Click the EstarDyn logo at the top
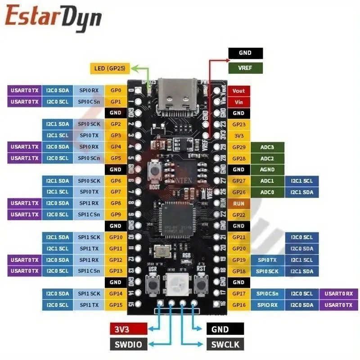(53, 17)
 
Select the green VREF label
(245, 68)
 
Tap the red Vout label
(238, 90)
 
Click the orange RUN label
(238, 203)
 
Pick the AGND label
(267, 170)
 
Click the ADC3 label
(267, 147)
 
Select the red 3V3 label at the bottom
(128, 329)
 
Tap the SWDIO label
(128, 345)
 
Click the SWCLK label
(225, 345)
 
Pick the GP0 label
(116, 90)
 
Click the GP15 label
(116, 305)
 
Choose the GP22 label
(238, 215)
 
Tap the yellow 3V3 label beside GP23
(238, 135)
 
